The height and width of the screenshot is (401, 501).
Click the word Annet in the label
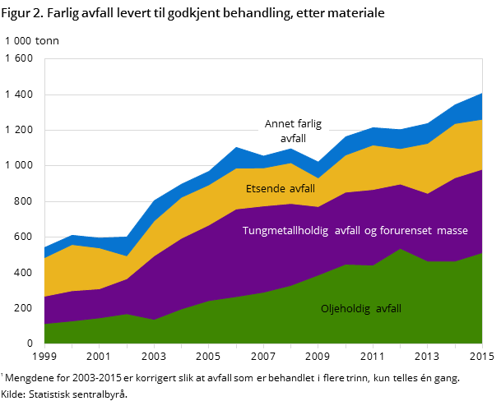tap(279, 124)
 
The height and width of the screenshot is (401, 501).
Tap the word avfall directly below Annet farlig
tap(293, 139)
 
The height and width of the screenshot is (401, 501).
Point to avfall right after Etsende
tap(301, 189)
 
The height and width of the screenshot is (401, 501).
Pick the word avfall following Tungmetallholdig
tap(348, 231)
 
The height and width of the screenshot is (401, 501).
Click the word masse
tap(452, 231)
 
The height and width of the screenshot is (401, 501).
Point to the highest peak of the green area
tap(401, 249)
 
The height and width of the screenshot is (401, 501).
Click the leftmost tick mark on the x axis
tap(44, 347)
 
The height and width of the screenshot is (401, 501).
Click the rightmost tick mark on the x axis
tap(482, 347)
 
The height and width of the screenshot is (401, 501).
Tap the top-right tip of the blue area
tap(482, 94)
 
